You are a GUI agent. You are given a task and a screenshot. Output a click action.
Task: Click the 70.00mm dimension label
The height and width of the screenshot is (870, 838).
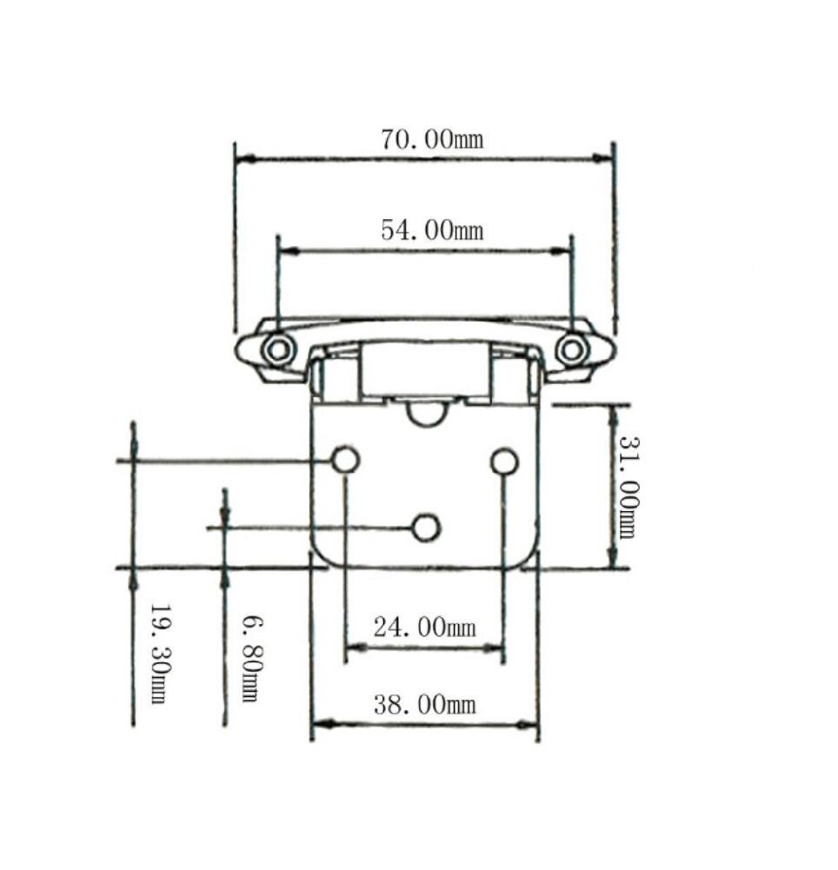coord(431,139)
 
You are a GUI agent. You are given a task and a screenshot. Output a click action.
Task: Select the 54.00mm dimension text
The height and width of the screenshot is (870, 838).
coord(431,230)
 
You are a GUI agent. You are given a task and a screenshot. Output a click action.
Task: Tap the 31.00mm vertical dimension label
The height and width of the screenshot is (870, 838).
coord(627,487)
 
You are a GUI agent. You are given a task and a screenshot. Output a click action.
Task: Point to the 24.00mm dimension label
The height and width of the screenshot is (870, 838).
coord(424,627)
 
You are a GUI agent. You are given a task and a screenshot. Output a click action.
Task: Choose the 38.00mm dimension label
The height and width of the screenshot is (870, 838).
coord(424,704)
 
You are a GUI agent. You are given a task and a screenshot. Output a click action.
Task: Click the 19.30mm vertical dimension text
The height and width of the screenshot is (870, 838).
coord(158,654)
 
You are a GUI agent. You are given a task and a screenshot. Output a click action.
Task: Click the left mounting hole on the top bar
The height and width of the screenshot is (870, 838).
coord(278,350)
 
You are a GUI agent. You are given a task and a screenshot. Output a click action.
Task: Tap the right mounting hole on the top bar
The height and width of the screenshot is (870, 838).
coord(571,349)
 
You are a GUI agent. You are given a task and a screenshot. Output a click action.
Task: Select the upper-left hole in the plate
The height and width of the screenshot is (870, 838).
coord(345,461)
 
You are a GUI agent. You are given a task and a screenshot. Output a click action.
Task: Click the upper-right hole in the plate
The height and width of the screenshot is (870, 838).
coord(504,462)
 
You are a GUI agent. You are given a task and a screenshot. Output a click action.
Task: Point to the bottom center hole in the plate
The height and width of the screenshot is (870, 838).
coord(425,528)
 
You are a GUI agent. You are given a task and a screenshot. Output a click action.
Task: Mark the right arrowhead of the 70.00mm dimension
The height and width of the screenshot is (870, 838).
coord(603,158)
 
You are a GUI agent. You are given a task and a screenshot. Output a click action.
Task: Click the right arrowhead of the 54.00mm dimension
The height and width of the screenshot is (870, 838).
coord(562,251)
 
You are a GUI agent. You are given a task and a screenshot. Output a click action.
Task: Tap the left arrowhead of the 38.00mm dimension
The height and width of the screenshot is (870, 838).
coord(321,724)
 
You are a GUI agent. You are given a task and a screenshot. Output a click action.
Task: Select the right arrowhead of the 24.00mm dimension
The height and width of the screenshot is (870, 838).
coord(495,648)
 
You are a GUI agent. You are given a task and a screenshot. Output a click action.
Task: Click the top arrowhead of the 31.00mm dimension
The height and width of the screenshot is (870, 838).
coord(613,415)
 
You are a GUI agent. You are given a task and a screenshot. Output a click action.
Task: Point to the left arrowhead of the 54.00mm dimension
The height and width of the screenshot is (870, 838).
coord(288,251)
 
